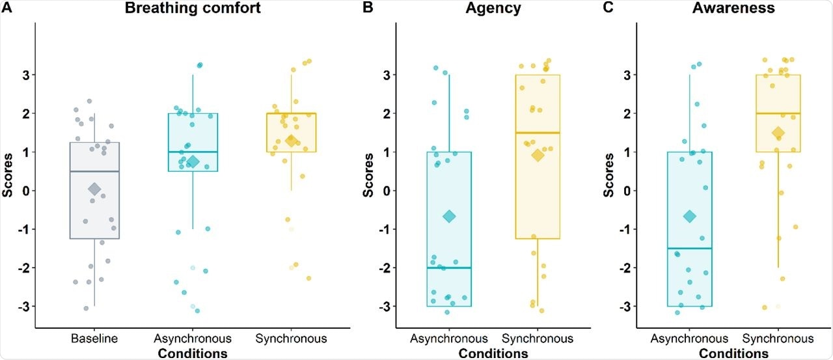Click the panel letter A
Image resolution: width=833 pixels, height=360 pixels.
(x=7, y=8)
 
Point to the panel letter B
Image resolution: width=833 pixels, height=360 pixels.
(x=368, y=8)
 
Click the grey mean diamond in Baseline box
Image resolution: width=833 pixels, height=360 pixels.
(x=94, y=189)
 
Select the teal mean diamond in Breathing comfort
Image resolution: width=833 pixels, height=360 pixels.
(x=193, y=161)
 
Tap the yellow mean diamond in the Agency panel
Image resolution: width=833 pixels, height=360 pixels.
(x=538, y=155)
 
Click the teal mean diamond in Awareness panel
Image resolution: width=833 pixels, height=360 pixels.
(x=690, y=216)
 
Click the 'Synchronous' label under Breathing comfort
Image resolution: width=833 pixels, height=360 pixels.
(x=291, y=339)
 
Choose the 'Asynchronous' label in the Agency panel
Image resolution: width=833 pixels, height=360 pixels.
(x=449, y=339)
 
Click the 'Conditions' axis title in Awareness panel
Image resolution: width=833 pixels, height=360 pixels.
(x=734, y=353)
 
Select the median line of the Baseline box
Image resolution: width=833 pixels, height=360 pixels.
(x=94, y=171)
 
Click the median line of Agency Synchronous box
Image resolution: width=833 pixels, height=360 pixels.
(x=538, y=133)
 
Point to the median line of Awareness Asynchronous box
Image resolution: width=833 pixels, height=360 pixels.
(x=690, y=248)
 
